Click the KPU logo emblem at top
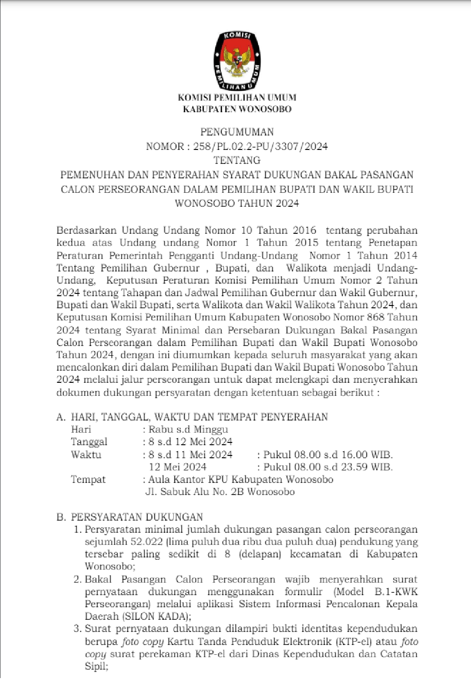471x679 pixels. click(x=237, y=61)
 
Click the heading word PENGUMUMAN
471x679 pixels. click(x=237, y=132)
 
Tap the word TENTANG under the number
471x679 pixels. click(x=237, y=161)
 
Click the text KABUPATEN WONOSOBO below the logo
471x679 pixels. click(x=237, y=109)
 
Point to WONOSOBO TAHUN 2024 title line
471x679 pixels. click(x=237, y=204)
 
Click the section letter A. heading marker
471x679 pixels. click(x=60, y=417)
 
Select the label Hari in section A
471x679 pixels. click(x=81, y=429)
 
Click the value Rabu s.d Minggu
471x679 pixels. click(x=188, y=429)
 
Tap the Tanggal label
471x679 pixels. click(x=89, y=442)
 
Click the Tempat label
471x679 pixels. click(x=88, y=480)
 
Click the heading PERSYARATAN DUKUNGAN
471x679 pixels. click(x=137, y=517)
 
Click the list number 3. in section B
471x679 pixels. click(x=78, y=629)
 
